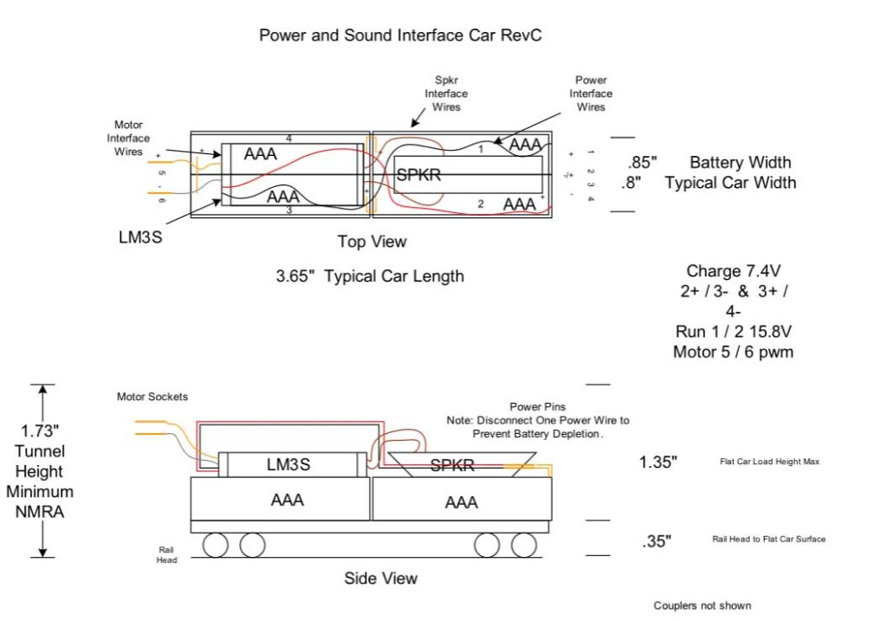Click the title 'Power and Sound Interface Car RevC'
pos(400,36)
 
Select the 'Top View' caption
pos(372,242)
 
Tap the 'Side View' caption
pos(380,578)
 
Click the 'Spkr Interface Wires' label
pos(446,94)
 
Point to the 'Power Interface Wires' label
pos(591,94)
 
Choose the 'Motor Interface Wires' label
pos(128,139)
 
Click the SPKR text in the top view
pos(419,175)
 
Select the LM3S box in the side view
pos(288,465)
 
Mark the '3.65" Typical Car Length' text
pos(369,277)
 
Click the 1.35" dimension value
pos(658,463)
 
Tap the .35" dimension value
pos(657,542)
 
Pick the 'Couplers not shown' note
pos(702,605)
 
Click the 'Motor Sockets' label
pos(152,397)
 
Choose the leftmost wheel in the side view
pos(215,545)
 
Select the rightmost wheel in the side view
pos(523,545)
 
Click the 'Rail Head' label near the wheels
pos(167,554)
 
